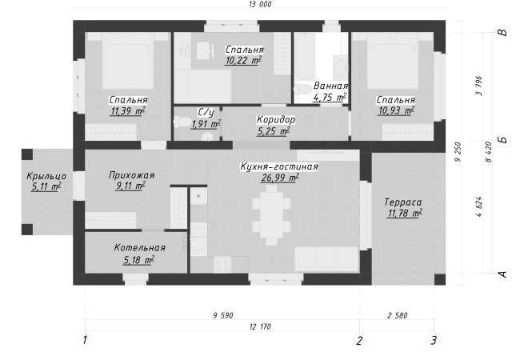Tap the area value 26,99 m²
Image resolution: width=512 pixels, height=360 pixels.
(279, 179)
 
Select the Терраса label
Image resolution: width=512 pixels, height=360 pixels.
(402, 202)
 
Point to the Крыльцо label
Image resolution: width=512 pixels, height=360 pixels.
(45, 176)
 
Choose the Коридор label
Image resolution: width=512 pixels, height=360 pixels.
(276, 120)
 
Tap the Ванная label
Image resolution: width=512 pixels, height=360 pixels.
(330, 86)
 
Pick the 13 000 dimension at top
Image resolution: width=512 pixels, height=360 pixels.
(260, 5)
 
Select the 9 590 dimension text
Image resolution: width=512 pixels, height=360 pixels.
(222, 316)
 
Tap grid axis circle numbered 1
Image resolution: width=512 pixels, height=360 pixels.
(84, 341)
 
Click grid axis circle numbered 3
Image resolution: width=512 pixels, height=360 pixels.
(434, 341)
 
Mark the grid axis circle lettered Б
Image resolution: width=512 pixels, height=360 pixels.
(502, 138)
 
